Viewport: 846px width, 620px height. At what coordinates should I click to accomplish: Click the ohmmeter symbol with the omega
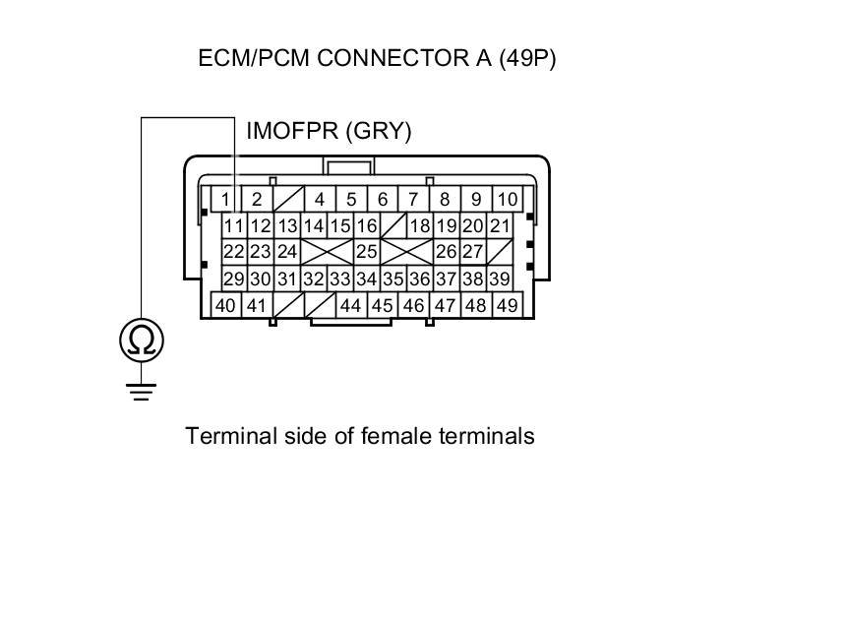point(142,341)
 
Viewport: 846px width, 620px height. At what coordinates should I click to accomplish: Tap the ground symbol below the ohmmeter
point(142,393)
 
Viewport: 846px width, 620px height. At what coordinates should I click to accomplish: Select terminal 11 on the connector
point(233,226)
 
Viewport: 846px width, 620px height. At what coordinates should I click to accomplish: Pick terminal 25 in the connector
point(366,252)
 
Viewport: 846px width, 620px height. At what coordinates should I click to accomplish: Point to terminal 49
point(507,305)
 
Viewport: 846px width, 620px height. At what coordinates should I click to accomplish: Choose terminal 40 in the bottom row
point(225,305)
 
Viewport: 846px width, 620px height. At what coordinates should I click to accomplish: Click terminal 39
point(499,279)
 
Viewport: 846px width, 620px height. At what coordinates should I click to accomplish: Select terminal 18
point(420,226)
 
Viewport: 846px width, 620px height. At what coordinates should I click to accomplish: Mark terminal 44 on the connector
point(350,305)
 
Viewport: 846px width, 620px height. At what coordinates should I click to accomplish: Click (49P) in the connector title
point(527,58)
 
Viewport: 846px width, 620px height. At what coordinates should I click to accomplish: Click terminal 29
point(233,279)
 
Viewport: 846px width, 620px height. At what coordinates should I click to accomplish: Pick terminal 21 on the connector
point(500,226)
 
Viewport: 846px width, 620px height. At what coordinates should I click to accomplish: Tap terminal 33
point(339,279)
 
